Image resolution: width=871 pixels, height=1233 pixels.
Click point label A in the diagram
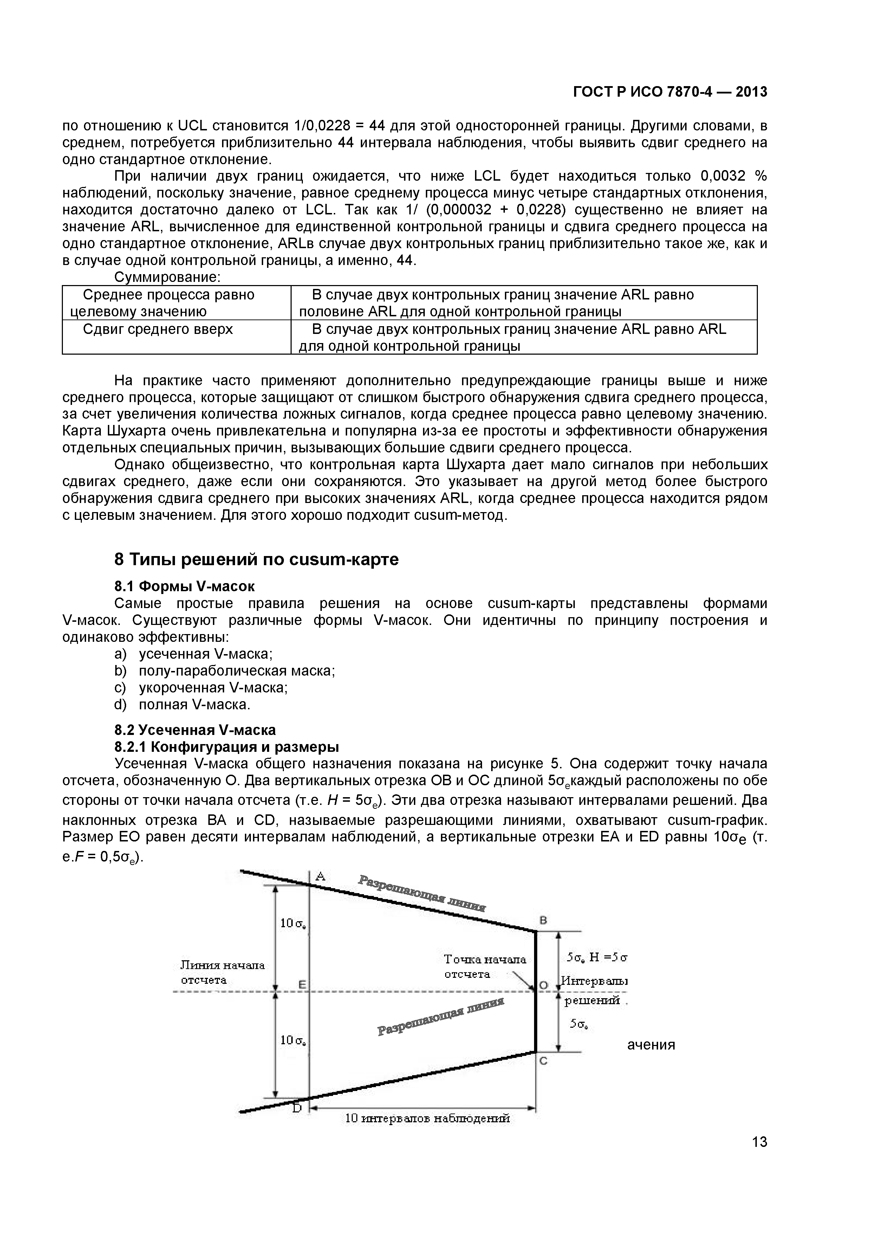pyautogui.click(x=320, y=876)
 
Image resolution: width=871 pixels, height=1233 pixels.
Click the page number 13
pyautogui.click(x=759, y=1157)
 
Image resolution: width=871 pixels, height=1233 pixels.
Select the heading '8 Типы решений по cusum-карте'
pyautogui.click(x=256, y=560)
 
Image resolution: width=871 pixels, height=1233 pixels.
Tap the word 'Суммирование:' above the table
pyautogui.click(x=168, y=277)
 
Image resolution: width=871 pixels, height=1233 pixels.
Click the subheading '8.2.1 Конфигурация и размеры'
pyautogui.click(x=227, y=747)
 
